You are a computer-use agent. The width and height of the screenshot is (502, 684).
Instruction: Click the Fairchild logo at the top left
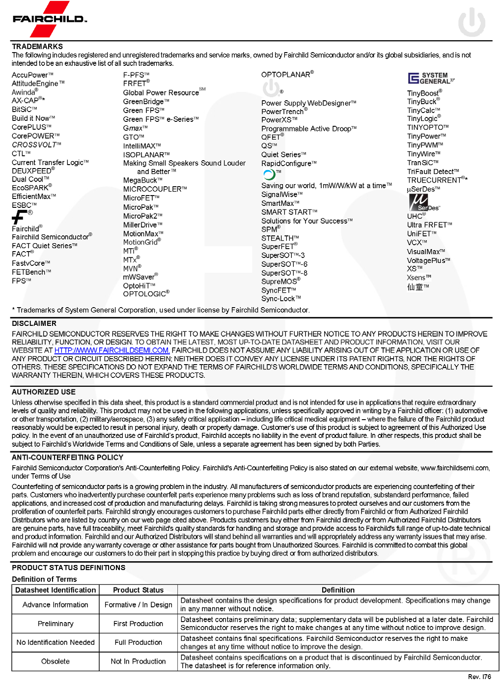(49, 19)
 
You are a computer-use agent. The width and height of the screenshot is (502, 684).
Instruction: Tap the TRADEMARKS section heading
(37, 47)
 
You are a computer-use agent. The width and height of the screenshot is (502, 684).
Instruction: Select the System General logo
(431, 78)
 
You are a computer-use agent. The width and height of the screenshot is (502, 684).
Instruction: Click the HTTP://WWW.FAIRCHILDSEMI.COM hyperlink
(112, 350)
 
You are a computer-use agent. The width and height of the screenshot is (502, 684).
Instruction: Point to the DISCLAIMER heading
(34, 323)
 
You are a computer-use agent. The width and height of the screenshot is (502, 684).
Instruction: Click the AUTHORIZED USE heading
(44, 392)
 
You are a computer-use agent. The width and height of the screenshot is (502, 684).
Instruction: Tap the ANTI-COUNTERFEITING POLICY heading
(67, 457)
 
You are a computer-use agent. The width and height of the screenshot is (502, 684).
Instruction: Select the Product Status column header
(138, 590)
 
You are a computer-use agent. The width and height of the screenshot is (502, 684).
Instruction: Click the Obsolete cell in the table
(56, 661)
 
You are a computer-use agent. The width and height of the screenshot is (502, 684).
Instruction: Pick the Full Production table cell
(138, 642)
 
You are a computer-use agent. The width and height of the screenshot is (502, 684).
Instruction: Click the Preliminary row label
(56, 624)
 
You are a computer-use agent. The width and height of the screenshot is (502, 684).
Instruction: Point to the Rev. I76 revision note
(479, 677)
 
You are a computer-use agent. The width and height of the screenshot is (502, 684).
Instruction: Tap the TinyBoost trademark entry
(424, 93)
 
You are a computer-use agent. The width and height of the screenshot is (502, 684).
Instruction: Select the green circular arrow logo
(269, 174)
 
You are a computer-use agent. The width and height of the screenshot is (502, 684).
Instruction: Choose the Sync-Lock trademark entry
(280, 299)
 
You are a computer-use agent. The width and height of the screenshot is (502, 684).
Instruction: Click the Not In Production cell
(138, 661)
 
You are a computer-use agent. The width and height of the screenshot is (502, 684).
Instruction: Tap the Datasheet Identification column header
(56, 590)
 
